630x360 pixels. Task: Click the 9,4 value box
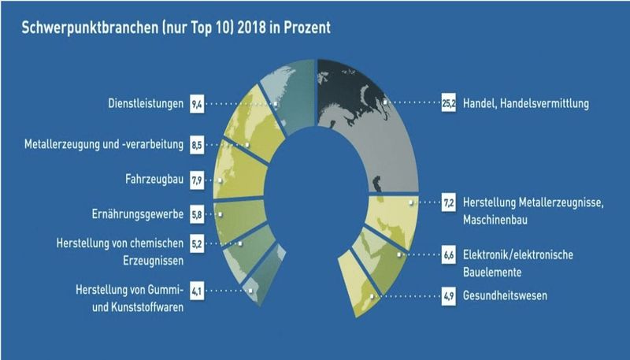(197, 102)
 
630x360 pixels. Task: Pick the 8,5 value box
(197, 145)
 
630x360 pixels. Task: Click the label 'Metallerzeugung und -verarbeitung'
(104, 145)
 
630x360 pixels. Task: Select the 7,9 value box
(197, 180)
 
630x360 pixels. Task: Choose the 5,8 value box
(197, 213)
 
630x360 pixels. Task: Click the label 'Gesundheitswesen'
(506, 295)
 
